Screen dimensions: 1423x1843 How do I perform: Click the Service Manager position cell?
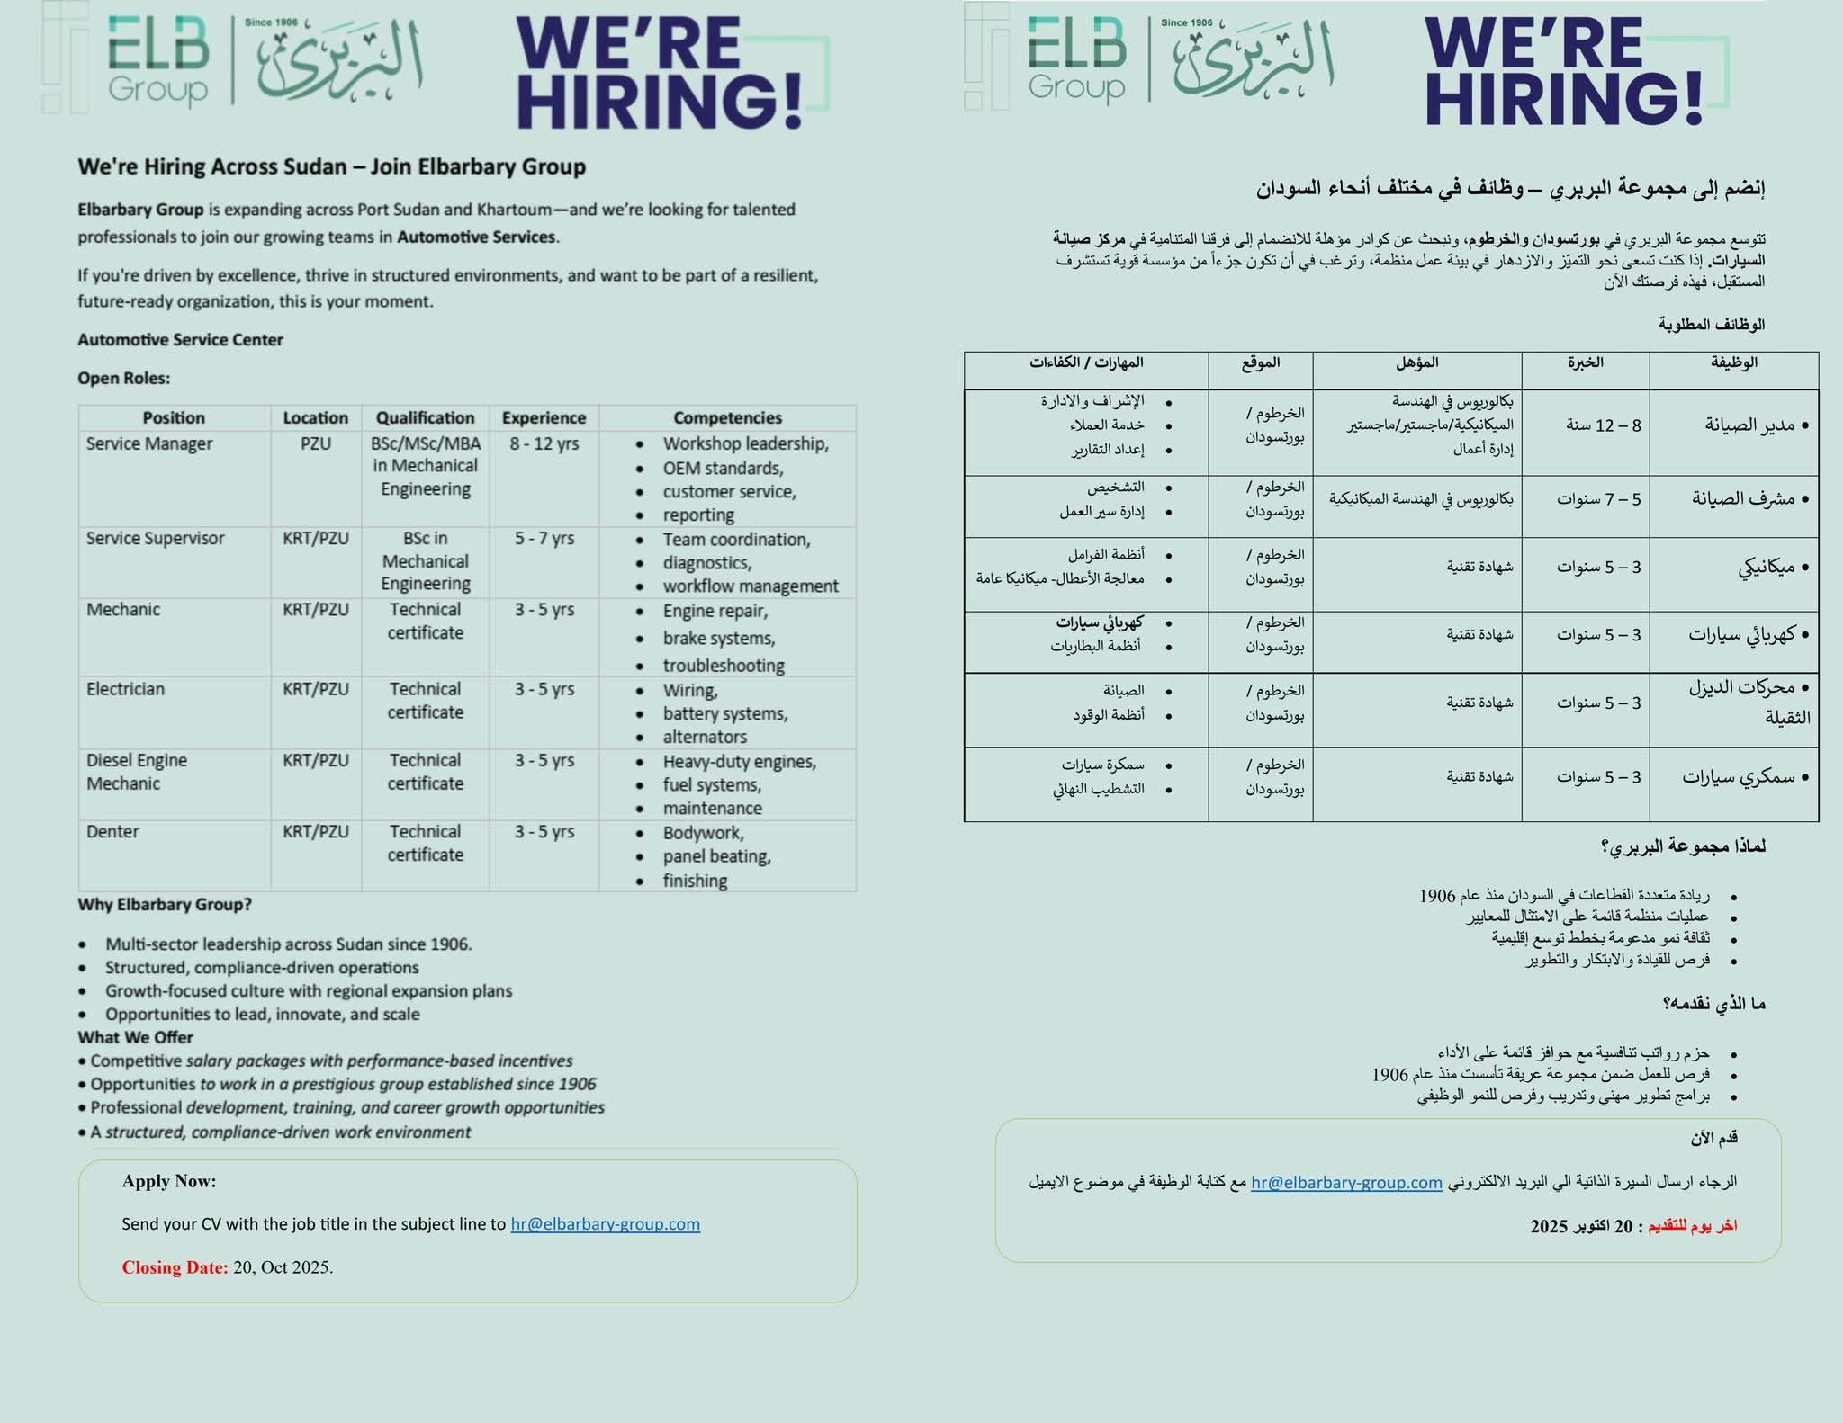(149, 443)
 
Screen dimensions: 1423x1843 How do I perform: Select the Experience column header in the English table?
(544, 417)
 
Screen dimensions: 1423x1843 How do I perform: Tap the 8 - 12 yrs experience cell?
(544, 443)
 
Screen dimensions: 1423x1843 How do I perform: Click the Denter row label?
(112, 831)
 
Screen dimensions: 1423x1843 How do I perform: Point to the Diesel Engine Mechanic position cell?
(137, 771)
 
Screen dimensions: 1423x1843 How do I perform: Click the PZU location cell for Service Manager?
(316, 443)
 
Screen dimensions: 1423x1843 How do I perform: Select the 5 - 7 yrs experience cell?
(544, 538)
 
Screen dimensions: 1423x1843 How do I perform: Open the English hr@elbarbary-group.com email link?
(605, 1223)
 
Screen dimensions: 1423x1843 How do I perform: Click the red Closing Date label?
(175, 1266)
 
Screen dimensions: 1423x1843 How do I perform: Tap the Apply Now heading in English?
(169, 1181)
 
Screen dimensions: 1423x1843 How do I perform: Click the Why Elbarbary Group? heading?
(165, 904)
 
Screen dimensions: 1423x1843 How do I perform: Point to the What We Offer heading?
(135, 1037)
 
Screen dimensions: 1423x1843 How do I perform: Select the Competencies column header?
(727, 417)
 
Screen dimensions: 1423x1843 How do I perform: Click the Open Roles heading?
(123, 378)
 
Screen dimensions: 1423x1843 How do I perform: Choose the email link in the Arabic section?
(1346, 1182)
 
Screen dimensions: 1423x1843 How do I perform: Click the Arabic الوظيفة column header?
(1733, 362)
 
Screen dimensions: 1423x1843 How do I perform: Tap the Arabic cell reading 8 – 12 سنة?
(1603, 425)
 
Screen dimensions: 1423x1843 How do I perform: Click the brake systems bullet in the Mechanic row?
(718, 638)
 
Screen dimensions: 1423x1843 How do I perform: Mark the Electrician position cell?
(125, 689)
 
